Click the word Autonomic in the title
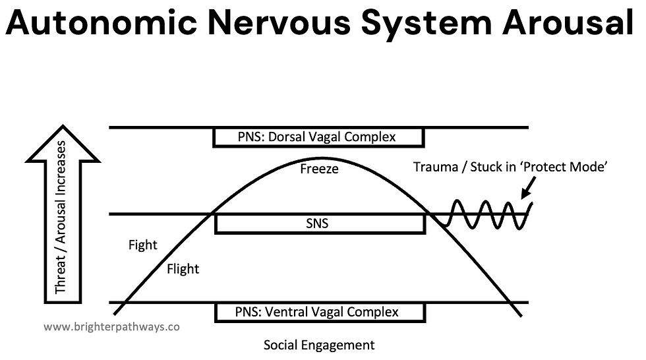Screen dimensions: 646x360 pos(102,22)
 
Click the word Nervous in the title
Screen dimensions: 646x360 pos(279,22)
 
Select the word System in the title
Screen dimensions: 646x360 pos(426,24)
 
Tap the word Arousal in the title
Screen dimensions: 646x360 pos(568,22)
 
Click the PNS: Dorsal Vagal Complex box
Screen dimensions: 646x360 pos(318,137)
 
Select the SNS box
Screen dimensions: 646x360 pos(320,224)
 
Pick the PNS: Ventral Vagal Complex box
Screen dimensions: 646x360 pos(320,312)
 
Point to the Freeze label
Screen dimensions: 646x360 pos(319,169)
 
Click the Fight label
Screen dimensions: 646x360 pos(142,245)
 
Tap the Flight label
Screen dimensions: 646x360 pos(183,269)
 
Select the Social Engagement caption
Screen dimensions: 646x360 pos(319,345)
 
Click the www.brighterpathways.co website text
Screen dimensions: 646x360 pos(111,327)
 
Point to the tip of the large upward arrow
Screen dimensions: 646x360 pos(63,125)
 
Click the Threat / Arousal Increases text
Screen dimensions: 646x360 pos(61,217)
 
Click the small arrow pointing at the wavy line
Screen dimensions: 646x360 pos(529,188)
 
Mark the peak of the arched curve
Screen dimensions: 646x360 pos(320,158)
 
